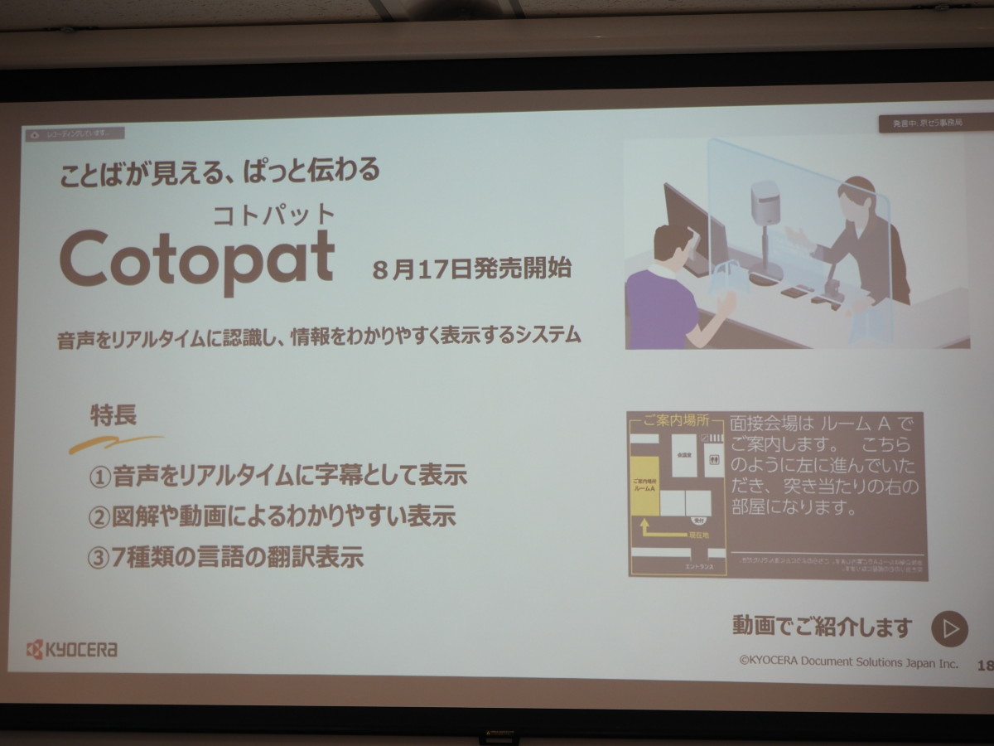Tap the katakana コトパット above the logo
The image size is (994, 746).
[273, 213]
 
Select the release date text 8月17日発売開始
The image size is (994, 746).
[471, 270]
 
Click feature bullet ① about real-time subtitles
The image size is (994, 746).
[277, 476]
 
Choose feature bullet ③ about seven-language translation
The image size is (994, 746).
[225, 556]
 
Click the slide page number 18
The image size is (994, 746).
[985, 665]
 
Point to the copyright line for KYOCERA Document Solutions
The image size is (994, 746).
[848, 663]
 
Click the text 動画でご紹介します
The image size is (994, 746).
[822, 627]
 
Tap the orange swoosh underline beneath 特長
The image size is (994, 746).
[116, 443]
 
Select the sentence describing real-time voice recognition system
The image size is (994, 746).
[320, 337]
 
